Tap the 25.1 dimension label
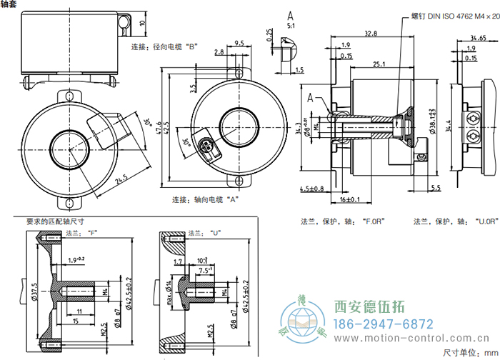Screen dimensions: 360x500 click(x=379, y=64)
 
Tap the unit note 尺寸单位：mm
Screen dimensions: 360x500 click(x=467, y=351)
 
